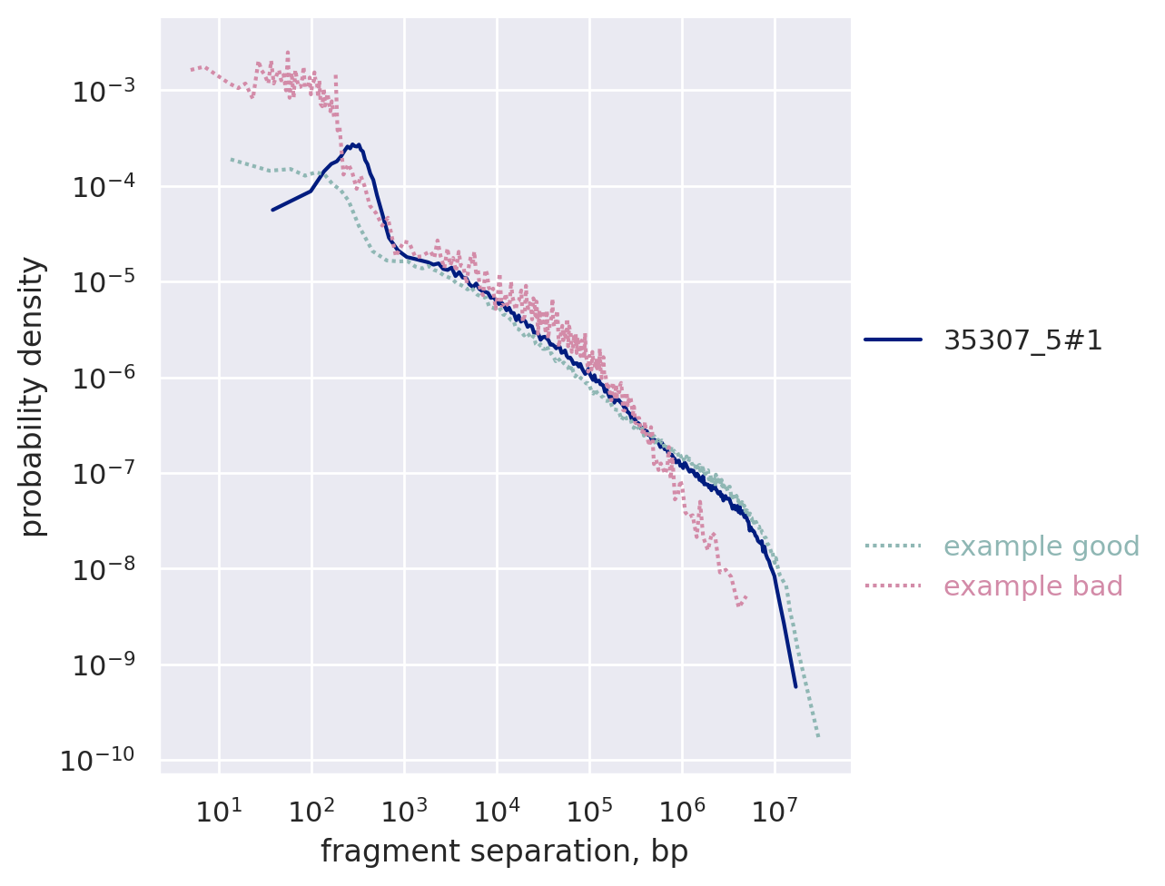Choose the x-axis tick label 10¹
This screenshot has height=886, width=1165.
[218, 811]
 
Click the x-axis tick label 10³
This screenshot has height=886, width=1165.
[403, 811]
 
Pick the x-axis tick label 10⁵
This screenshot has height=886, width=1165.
[588, 811]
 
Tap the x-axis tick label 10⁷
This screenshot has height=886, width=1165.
[774, 811]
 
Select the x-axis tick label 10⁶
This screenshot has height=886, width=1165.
[681, 811]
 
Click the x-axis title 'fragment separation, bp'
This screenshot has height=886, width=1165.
[504, 852]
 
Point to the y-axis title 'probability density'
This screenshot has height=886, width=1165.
[33, 397]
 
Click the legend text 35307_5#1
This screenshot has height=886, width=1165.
[1022, 340]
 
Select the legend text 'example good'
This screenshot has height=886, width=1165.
[1042, 546]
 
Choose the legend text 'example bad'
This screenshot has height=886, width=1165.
[1033, 586]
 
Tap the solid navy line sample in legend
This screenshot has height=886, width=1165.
[893, 340]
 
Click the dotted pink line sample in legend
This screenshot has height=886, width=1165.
[893, 586]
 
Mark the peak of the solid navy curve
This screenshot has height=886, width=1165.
[357, 144]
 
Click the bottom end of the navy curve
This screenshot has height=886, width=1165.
[795, 686]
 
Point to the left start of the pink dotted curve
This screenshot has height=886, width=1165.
[192, 69]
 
